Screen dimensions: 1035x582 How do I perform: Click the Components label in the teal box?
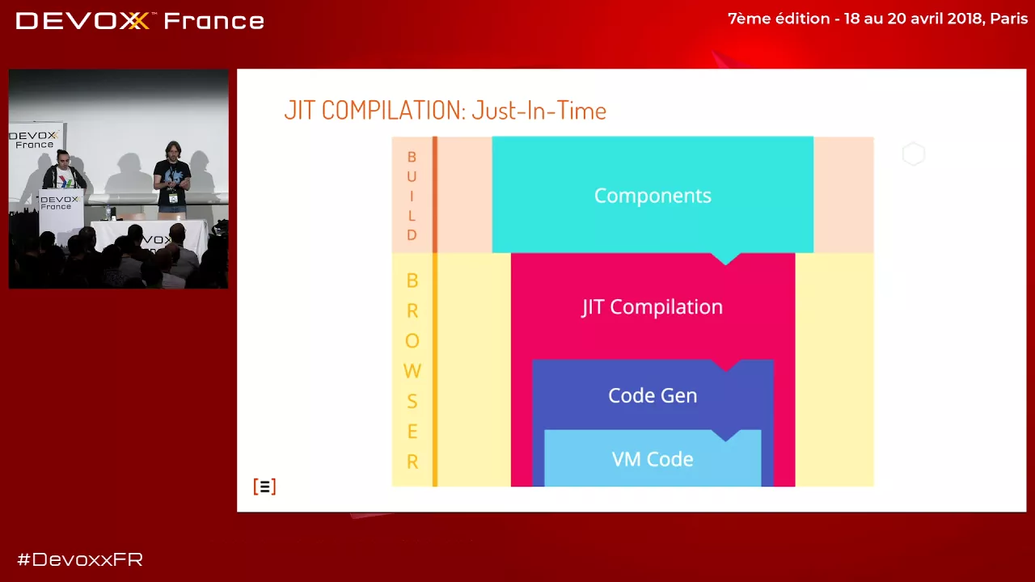[x=653, y=196]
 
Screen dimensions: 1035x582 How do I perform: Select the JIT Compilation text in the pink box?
[x=652, y=307]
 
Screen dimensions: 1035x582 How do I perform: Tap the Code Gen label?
[x=653, y=395]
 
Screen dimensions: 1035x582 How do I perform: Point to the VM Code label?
[x=653, y=459]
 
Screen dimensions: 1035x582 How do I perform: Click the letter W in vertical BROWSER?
[x=412, y=371]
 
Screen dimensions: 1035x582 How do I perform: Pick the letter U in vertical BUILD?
[x=412, y=177]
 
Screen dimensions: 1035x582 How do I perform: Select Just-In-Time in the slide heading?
[x=539, y=111]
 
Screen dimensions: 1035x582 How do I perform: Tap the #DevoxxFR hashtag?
[x=80, y=559]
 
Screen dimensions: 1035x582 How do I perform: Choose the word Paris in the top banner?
[x=1008, y=19]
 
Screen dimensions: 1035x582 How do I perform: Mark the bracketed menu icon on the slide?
[x=264, y=487]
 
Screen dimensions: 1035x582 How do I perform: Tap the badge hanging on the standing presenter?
[x=173, y=198]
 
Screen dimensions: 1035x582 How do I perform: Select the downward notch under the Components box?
[x=725, y=258]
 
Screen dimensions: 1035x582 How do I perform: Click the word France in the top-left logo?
[x=213, y=21]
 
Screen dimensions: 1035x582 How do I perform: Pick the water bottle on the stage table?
[x=108, y=213]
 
